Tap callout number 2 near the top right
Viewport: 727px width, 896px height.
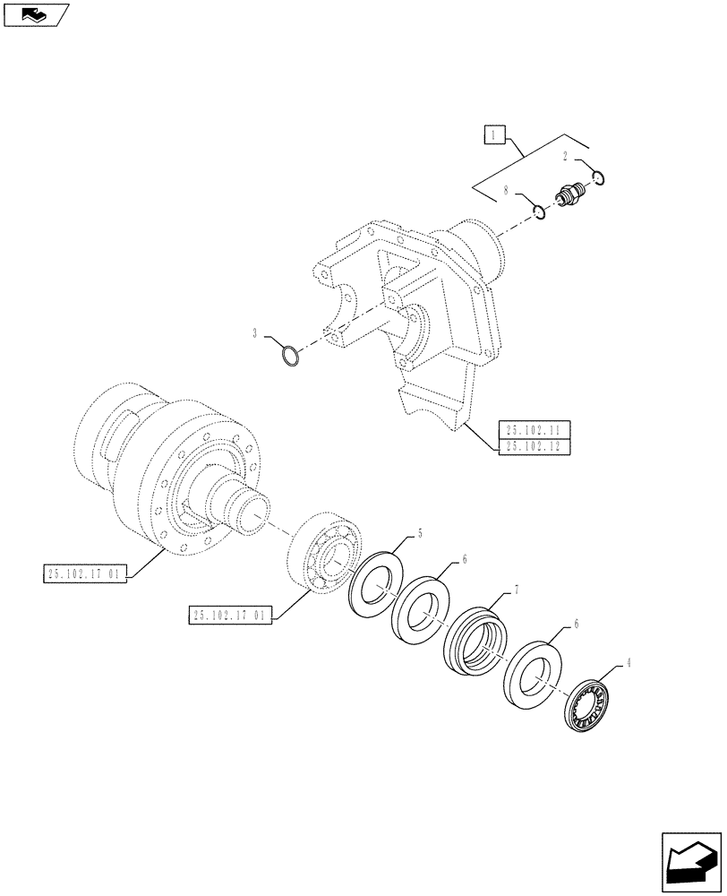click(x=567, y=156)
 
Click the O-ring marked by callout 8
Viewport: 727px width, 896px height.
click(x=539, y=212)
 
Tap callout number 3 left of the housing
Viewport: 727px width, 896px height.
click(x=255, y=333)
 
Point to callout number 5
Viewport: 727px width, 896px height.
click(x=418, y=535)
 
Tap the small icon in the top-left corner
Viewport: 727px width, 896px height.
click(x=33, y=13)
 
